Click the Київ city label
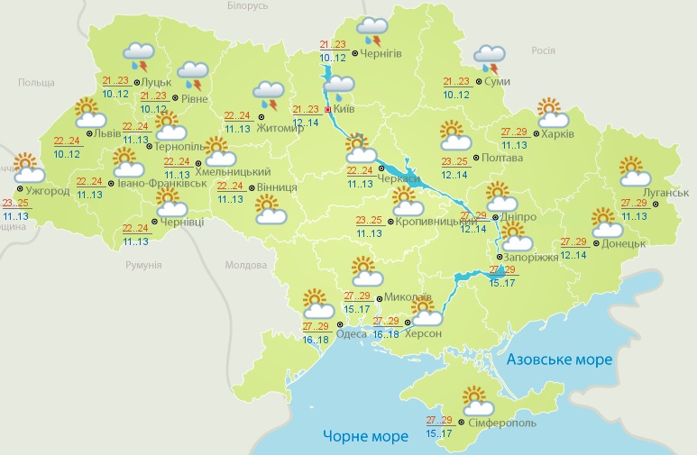[344, 109]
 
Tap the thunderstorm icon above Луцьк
[138, 56]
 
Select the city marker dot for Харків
[535, 133]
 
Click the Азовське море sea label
[559, 359]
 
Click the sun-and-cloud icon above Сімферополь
[474, 399]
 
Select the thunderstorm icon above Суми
[490, 58]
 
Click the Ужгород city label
[44, 192]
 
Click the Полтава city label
[502, 158]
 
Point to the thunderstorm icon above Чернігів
[371, 31]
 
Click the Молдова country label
[245, 266]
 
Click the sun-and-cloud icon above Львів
[87, 112]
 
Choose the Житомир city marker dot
[261, 116]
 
